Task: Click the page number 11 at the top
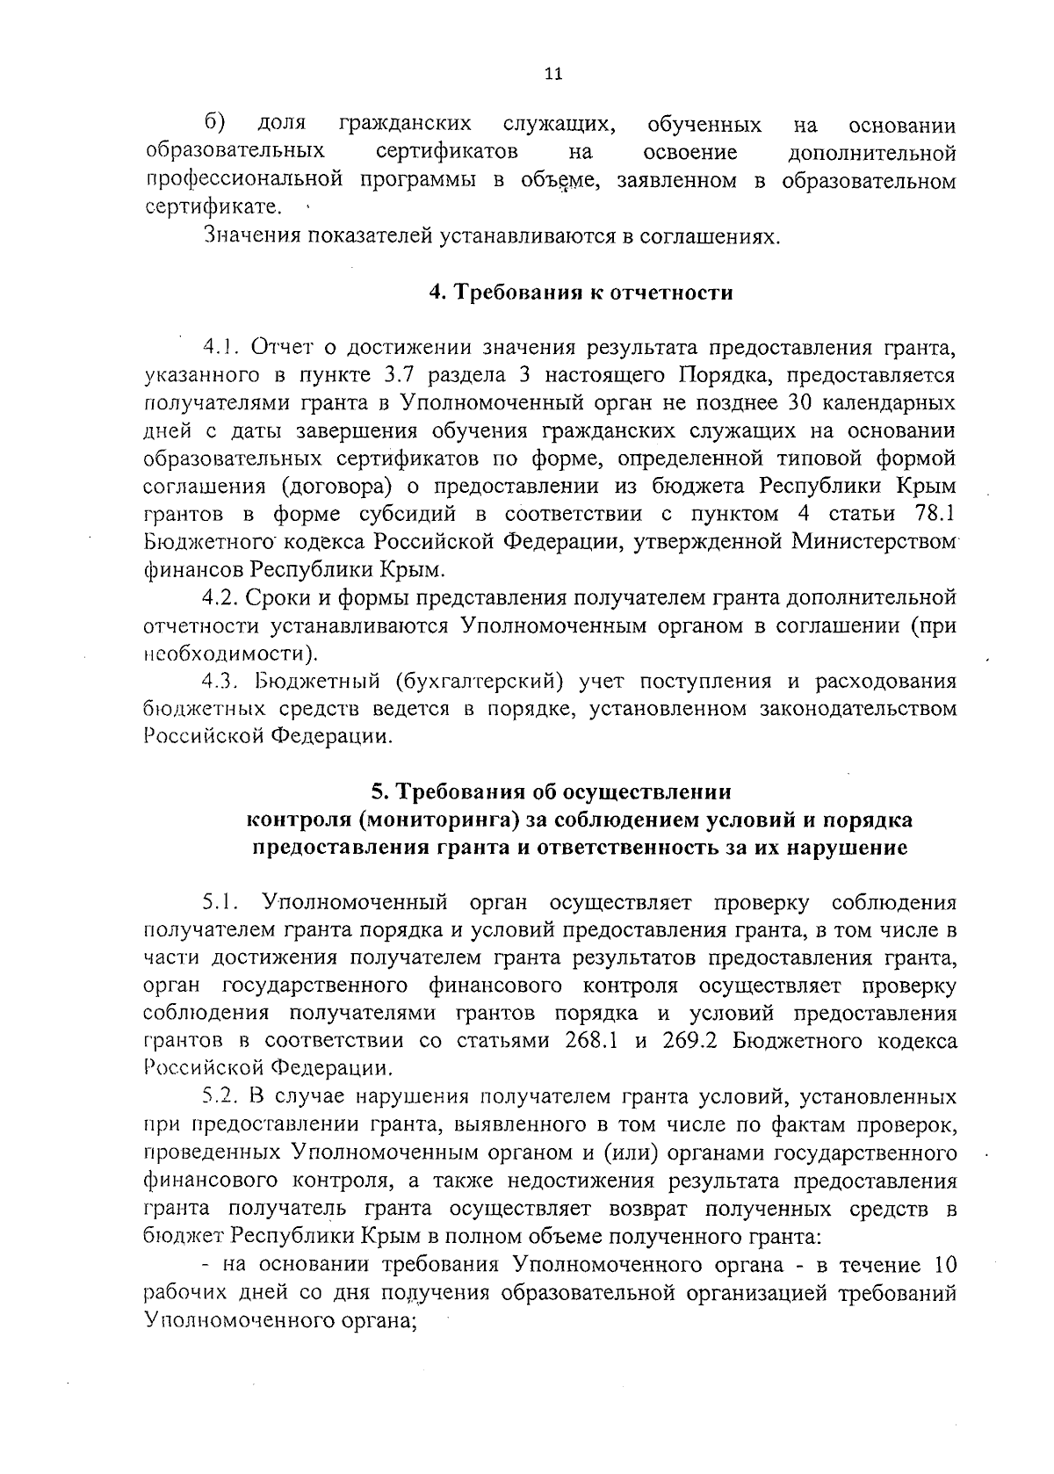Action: click(552, 75)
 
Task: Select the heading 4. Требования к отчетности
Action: click(581, 293)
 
